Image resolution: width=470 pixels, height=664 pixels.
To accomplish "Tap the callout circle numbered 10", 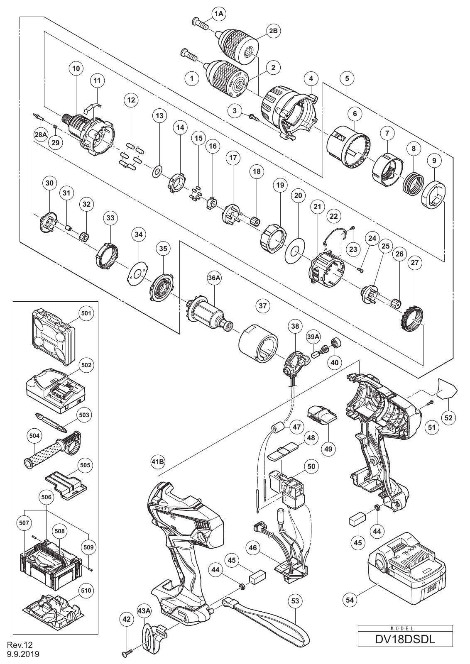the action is coord(76,68).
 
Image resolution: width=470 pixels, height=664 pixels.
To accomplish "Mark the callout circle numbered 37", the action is coord(263,305).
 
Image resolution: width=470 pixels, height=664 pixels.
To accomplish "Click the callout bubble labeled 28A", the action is coord(41,134).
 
